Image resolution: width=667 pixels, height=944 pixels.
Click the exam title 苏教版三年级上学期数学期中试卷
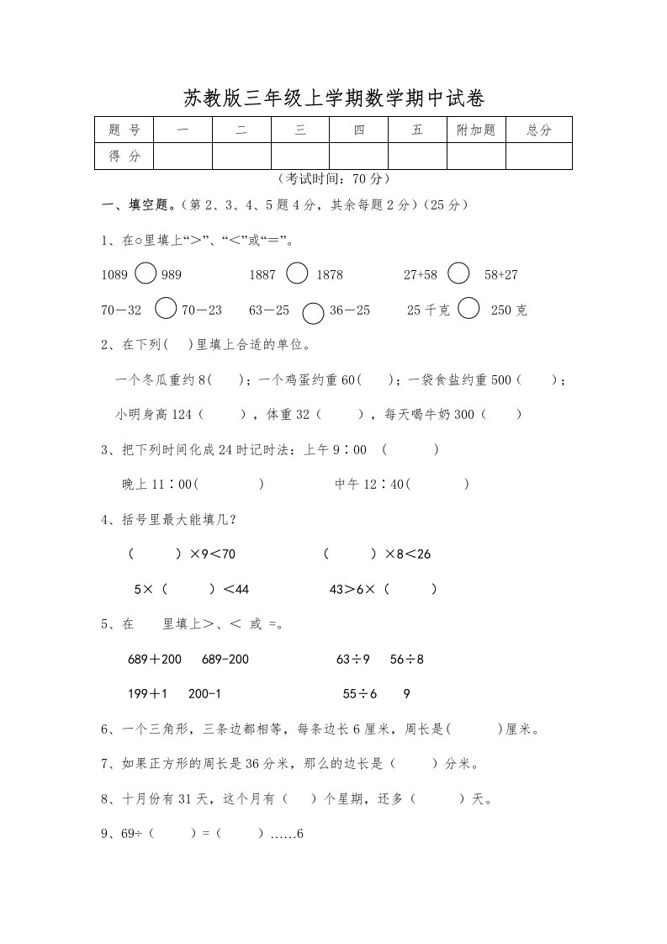click(333, 99)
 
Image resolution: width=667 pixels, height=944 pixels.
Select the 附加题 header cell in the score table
click(476, 130)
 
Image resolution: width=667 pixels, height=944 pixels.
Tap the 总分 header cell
click(538, 130)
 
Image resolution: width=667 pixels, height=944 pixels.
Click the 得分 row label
click(124, 156)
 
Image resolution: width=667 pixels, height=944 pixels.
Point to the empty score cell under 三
click(300, 156)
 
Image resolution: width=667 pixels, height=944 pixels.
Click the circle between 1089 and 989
click(146, 274)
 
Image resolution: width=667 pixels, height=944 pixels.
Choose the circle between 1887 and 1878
click(297, 274)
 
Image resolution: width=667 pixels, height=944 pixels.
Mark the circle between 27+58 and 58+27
click(458, 274)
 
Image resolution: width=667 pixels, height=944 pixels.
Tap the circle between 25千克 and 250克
click(469, 310)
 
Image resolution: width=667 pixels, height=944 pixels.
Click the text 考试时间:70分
click(333, 179)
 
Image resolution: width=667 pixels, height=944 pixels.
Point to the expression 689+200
click(155, 659)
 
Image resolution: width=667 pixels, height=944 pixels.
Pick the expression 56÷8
click(407, 659)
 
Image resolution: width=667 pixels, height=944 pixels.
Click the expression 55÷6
click(360, 694)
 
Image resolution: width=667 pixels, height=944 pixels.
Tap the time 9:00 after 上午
click(349, 449)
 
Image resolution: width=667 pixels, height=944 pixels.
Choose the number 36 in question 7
click(255, 764)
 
